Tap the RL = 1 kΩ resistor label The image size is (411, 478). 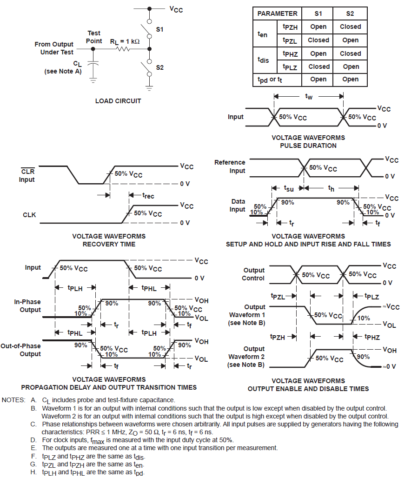click(125, 41)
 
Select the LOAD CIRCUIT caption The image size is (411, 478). click(118, 101)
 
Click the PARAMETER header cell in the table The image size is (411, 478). click(278, 13)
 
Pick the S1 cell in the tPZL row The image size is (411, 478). click(318, 40)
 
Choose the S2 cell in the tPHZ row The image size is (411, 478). click(351, 53)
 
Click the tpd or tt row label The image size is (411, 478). click(270, 80)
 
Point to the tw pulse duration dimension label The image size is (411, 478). click(308, 96)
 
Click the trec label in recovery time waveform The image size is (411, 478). click(148, 196)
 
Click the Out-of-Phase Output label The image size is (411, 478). click(20, 350)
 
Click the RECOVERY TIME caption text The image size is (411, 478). click(109, 244)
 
